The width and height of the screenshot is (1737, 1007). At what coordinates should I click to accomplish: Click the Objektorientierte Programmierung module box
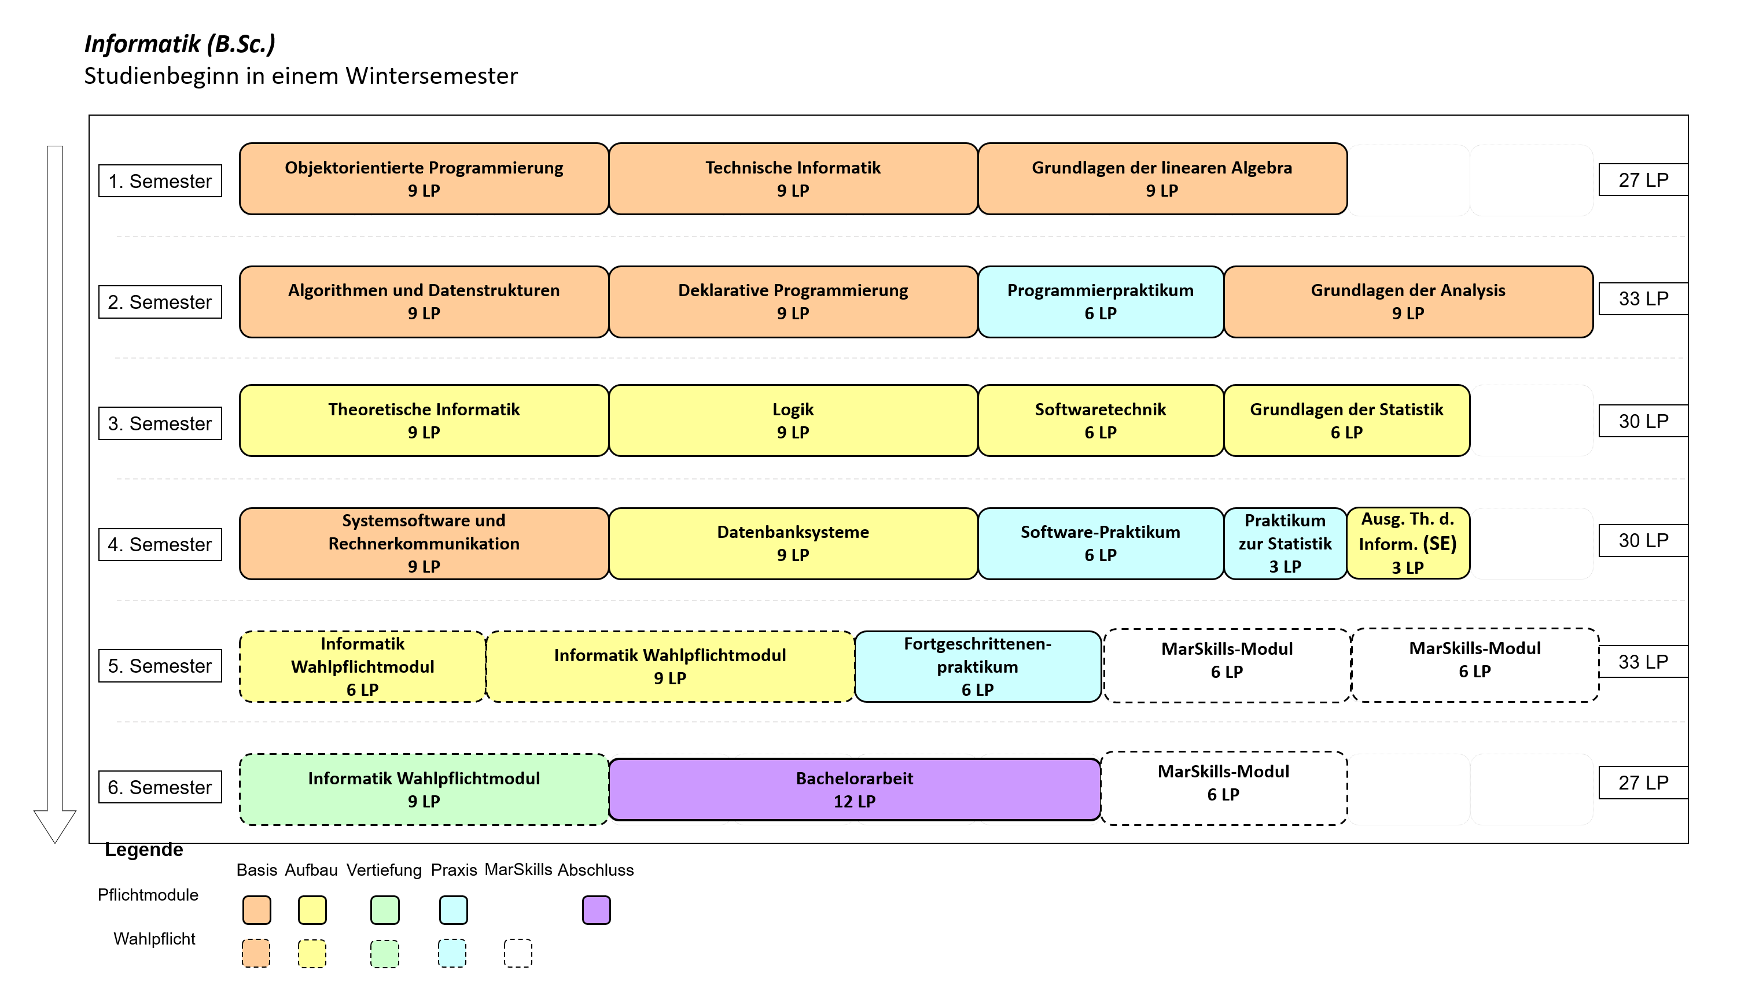coord(424,179)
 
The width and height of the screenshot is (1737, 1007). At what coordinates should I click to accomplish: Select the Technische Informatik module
coord(793,179)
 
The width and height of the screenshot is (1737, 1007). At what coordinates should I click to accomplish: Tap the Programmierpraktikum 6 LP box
coord(1101,302)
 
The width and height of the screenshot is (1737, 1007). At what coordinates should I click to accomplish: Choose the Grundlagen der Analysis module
coord(1408,302)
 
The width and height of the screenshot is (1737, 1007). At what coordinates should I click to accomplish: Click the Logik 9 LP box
coord(793,420)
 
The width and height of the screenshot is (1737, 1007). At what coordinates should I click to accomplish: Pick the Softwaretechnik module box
coord(1101,420)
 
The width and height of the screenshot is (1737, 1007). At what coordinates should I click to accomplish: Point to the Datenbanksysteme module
coord(793,544)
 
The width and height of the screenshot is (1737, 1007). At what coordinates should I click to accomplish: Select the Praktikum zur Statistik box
coord(1286,544)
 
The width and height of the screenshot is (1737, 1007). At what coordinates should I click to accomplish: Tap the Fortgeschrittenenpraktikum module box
coord(978,666)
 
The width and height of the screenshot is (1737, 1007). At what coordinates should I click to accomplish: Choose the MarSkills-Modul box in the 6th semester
coord(1224,788)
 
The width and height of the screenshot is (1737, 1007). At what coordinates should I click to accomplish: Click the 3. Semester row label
coord(160,423)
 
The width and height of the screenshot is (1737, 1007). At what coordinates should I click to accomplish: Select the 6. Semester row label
coord(160,787)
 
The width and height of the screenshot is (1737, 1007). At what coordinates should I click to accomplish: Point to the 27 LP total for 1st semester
coord(1643,180)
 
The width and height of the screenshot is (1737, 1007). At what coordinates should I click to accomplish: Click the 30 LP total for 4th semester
coord(1643,540)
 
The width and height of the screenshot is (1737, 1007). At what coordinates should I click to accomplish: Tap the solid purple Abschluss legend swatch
coord(596,910)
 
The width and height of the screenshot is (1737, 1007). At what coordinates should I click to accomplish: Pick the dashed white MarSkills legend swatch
coord(518,953)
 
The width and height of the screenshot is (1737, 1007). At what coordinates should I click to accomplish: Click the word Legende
coord(144,850)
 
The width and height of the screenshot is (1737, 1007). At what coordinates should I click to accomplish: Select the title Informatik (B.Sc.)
coord(180,43)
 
